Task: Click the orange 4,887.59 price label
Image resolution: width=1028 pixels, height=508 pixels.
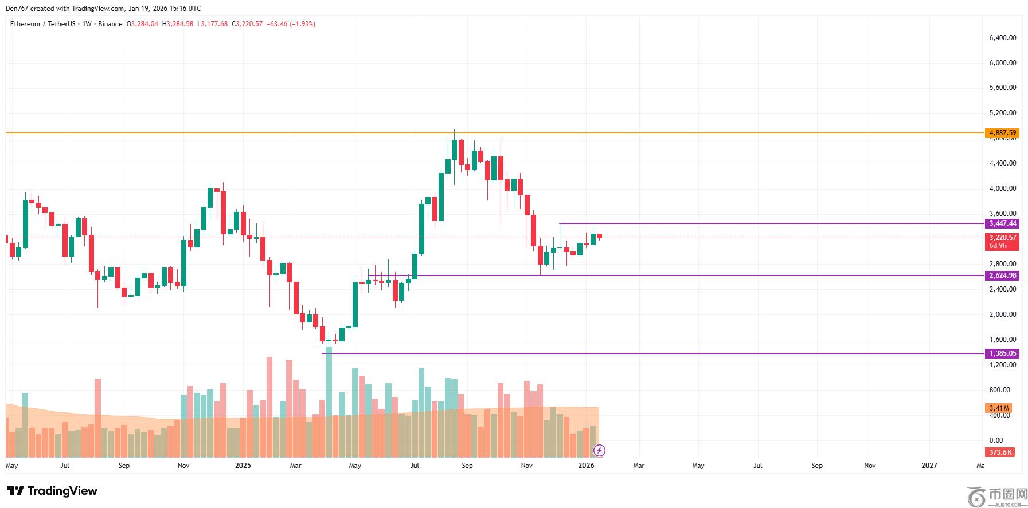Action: click(x=1002, y=133)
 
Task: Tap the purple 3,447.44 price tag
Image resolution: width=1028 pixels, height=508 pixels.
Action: click(x=1002, y=223)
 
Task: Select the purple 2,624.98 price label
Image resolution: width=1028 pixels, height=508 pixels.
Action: click(x=1002, y=275)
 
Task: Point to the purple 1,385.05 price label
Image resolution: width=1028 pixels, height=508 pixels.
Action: click(x=1002, y=353)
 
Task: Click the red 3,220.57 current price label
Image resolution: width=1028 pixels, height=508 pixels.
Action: click(x=1002, y=238)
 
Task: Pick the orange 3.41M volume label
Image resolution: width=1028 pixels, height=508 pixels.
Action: click(x=999, y=408)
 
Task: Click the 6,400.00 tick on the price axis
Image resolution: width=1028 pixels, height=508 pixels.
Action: click(x=1002, y=38)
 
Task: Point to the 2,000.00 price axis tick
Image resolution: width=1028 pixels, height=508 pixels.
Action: click(x=1002, y=314)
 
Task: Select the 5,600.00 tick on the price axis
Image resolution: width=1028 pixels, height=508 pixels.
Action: click(x=1002, y=88)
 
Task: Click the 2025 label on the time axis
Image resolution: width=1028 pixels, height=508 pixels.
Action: click(x=243, y=466)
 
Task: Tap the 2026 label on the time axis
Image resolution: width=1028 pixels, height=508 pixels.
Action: click(x=586, y=466)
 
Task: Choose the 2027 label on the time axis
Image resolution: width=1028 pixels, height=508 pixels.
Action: click(x=929, y=466)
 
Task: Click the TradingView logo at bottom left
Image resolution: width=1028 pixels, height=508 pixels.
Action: click(x=52, y=491)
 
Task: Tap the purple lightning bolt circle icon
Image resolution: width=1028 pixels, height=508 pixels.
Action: click(x=599, y=451)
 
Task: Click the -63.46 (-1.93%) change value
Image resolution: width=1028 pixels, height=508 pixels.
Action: click(x=291, y=24)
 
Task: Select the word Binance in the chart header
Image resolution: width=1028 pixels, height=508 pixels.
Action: click(x=110, y=24)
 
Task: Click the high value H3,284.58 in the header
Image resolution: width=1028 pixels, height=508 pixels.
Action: click(x=178, y=24)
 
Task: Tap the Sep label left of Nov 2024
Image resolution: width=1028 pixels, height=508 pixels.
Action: click(x=124, y=466)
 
